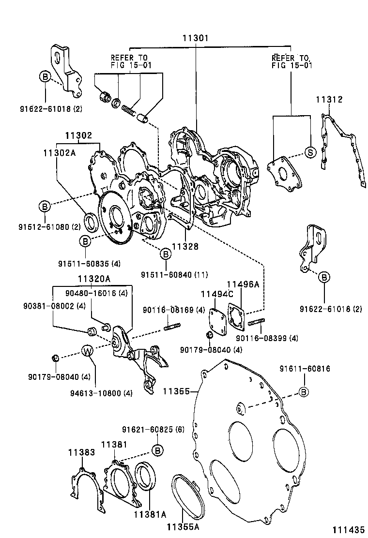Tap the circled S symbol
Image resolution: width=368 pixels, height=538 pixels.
tap(310, 152)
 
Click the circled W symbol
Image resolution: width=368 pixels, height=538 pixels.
tap(86, 351)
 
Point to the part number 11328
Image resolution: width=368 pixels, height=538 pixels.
tap(185, 246)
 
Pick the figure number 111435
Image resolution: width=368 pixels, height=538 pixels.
tap(347, 530)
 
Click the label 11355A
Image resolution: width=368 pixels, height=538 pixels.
tap(184, 525)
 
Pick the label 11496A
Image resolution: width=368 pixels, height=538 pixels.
tap(243, 284)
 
